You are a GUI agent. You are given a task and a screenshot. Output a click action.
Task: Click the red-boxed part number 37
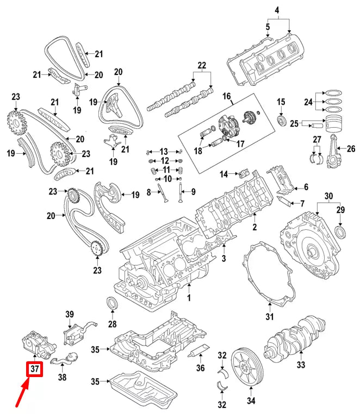pos(35,369)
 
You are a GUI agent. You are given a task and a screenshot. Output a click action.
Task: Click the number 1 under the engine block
pos(189,298)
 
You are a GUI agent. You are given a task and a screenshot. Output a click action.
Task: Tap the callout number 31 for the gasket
pos(269,317)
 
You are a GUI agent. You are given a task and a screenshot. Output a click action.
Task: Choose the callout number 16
pos(226,96)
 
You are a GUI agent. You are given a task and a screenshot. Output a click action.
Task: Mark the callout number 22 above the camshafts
pos(202,66)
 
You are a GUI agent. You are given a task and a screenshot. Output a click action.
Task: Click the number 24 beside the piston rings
pos(307,102)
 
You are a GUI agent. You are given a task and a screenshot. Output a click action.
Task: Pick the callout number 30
pos(328,196)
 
